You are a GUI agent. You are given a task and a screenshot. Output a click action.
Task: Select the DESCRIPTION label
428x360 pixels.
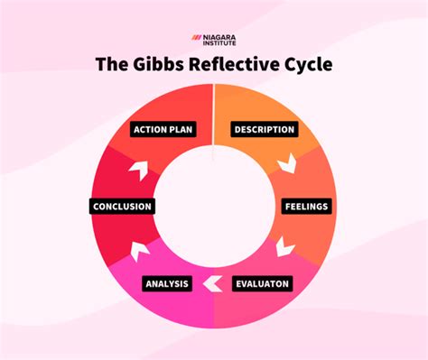pyautogui.click(x=265, y=129)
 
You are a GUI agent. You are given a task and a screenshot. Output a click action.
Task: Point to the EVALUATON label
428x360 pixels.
pyautogui.click(x=262, y=284)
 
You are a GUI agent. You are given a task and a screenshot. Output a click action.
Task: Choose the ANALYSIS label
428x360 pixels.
pyautogui.click(x=166, y=284)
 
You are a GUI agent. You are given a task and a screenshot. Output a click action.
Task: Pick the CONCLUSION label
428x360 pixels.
pyautogui.click(x=122, y=207)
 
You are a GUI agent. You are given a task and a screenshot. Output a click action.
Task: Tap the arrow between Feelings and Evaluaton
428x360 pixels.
pyautogui.click(x=285, y=245)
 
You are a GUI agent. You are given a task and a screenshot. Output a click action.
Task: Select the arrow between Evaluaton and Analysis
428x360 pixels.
pyautogui.click(x=213, y=284)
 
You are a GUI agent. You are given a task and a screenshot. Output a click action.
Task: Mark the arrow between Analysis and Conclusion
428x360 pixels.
pyautogui.click(x=139, y=246)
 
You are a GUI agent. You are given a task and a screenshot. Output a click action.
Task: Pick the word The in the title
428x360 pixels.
pyautogui.click(x=116, y=66)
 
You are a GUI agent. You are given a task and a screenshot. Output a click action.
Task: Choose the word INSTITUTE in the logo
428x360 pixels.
pyautogui.click(x=222, y=42)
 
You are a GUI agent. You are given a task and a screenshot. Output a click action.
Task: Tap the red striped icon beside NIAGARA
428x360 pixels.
pyautogui.click(x=198, y=38)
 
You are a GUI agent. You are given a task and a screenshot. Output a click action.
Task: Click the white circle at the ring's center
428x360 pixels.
pyautogui.click(x=213, y=206)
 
